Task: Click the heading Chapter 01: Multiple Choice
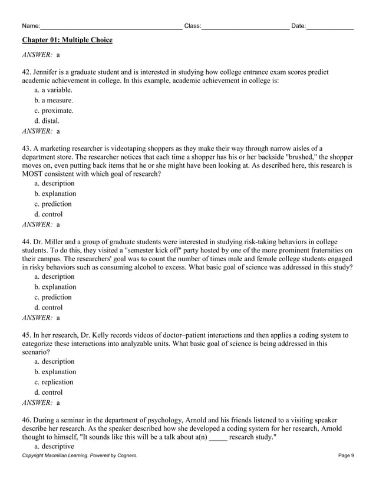[67, 40]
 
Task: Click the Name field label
[31, 26]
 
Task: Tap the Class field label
[193, 26]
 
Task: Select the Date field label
[299, 26]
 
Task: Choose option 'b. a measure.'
[54, 101]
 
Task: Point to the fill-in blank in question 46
[217, 438]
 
